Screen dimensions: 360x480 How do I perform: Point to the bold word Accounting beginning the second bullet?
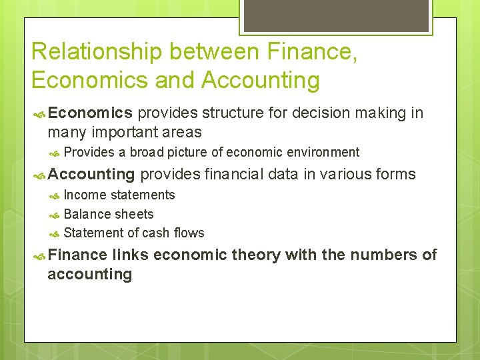tap(91, 175)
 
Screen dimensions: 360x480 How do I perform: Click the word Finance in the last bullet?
tap(77, 255)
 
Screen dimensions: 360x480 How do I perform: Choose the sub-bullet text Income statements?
tap(119, 195)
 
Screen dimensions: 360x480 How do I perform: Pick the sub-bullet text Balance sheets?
tap(109, 214)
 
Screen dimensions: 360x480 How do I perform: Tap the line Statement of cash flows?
tap(134, 233)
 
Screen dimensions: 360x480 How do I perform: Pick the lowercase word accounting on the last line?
tap(90, 275)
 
